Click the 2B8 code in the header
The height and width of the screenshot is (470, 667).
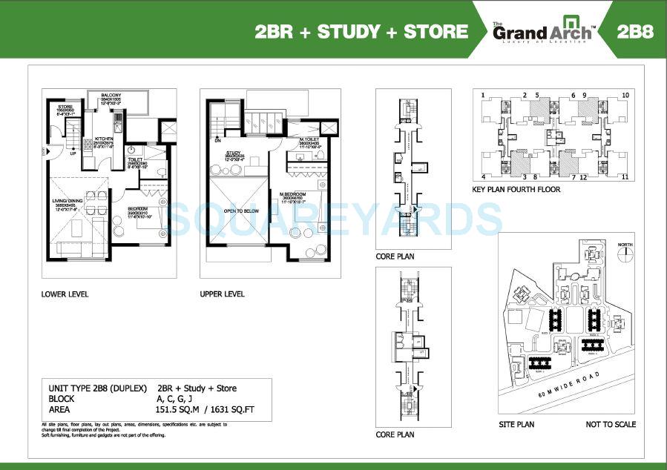point(634,31)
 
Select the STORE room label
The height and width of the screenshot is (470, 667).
point(65,108)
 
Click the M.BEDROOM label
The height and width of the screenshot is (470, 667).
point(292,195)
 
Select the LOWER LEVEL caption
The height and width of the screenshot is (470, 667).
point(65,294)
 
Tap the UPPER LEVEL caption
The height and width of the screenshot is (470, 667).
point(222,294)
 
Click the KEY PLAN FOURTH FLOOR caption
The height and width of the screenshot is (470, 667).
point(516,190)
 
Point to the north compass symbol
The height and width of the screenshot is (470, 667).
point(628,251)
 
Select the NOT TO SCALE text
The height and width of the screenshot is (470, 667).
point(611,425)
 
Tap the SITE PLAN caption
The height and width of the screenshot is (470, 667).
point(517,425)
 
